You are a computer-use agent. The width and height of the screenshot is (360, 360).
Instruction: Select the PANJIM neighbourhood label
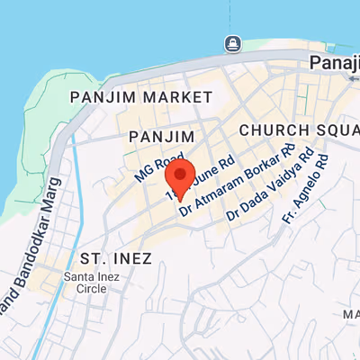pos(162,135)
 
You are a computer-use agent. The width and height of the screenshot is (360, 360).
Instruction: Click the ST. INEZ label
pos(115,258)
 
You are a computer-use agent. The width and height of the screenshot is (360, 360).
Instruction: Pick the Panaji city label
pos(334,62)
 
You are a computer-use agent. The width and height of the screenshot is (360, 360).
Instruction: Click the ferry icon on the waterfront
pos(232,44)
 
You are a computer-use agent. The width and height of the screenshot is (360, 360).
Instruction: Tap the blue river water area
pos(108,27)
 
